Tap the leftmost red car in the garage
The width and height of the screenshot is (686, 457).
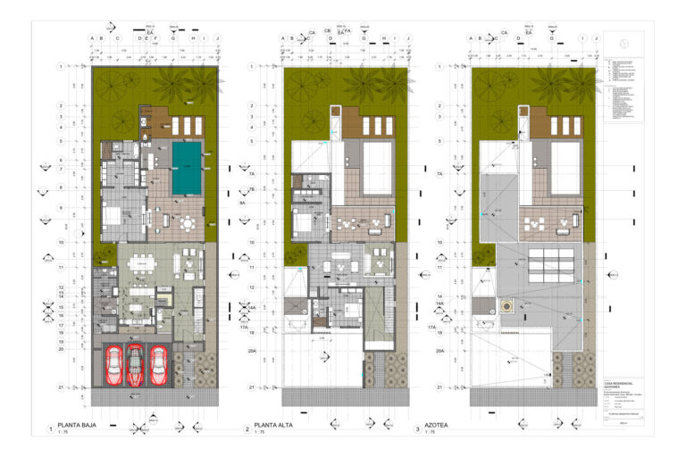(113, 364)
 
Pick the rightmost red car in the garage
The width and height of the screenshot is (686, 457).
(159, 364)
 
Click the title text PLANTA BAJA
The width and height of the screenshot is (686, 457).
(78, 425)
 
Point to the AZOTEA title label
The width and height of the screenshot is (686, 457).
(448, 425)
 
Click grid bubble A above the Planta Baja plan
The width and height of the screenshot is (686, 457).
(93, 38)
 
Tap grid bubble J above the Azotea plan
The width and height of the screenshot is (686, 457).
(596, 38)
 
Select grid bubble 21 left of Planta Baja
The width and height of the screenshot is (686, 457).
(61, 387)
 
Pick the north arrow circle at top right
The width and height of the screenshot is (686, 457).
(623, 43)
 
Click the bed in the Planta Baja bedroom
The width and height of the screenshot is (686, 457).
(115, 217)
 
